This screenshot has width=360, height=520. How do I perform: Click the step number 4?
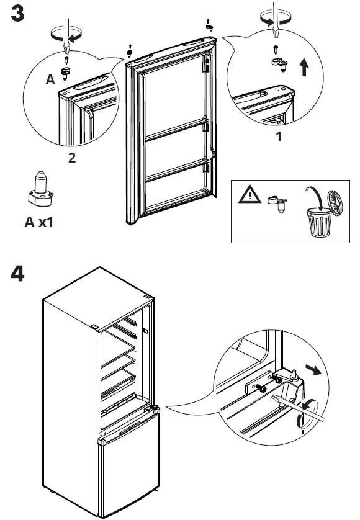[18, 274]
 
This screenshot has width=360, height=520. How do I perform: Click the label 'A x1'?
[39, 222]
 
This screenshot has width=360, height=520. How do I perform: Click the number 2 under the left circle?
[72, 158]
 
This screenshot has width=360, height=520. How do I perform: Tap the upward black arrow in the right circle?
[304, 68]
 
